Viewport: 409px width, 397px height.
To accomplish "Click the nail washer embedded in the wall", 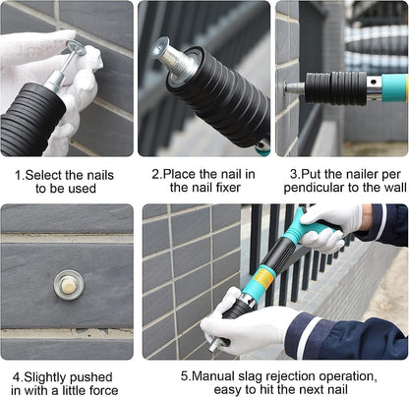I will (69, 285).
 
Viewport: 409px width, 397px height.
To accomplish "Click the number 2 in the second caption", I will (155, 174).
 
